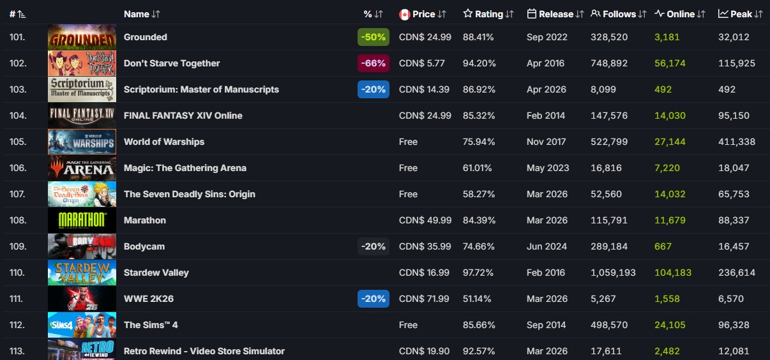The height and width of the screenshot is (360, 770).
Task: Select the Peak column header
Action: tap(741, 14)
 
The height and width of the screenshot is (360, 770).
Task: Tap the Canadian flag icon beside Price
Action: tap(404, 15)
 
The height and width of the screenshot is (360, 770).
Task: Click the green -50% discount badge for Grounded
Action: tap(374, 37)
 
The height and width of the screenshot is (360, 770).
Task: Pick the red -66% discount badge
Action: tap(374, 63)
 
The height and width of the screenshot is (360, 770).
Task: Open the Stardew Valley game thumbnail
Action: tap(82, 273)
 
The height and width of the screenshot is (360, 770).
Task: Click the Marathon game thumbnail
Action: tap(82, 220)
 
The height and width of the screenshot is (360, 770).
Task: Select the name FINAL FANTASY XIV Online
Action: tap(183, 116)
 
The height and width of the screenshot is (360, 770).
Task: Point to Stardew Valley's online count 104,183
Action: tap(673, 273)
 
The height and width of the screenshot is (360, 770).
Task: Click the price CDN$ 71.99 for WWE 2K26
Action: tap(424, 299)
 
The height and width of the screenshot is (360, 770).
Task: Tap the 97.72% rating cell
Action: tap(478, 273)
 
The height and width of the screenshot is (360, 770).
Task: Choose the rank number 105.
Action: tap(18, 142)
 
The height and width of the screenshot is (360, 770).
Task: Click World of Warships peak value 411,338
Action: tap(737, 142)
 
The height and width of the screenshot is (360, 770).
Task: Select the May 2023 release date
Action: tap(548, 168)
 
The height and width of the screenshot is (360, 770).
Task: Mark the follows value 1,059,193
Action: tap(613, 273)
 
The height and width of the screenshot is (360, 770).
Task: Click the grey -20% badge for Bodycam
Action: tap(374, 246)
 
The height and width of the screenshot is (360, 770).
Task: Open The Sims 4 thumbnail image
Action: tap(82, 325)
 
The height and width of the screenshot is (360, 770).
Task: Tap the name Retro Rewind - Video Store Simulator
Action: tap(204, 351)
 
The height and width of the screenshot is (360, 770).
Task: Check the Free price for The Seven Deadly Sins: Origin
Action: tap(408, 194)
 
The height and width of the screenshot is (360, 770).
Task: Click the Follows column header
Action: tap(619, 14)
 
